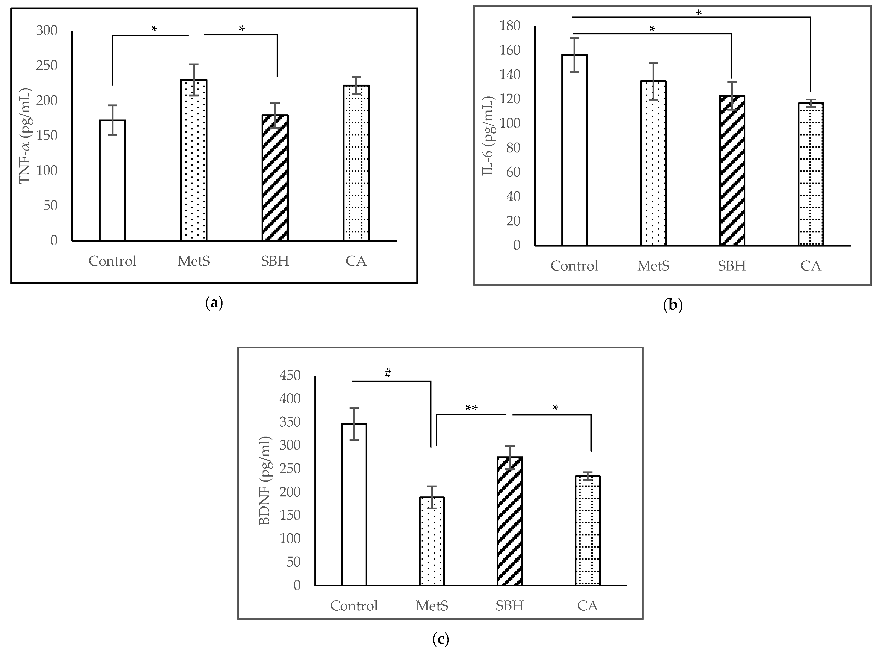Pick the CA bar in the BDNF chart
pos(587,530)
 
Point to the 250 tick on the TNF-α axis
pos(47,65)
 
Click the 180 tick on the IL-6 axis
pos(510,26)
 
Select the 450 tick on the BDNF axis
pos(290,375)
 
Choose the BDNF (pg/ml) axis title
pos(264,481)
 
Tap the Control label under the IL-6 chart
pos(574,266)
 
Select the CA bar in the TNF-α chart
pos(356,162)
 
